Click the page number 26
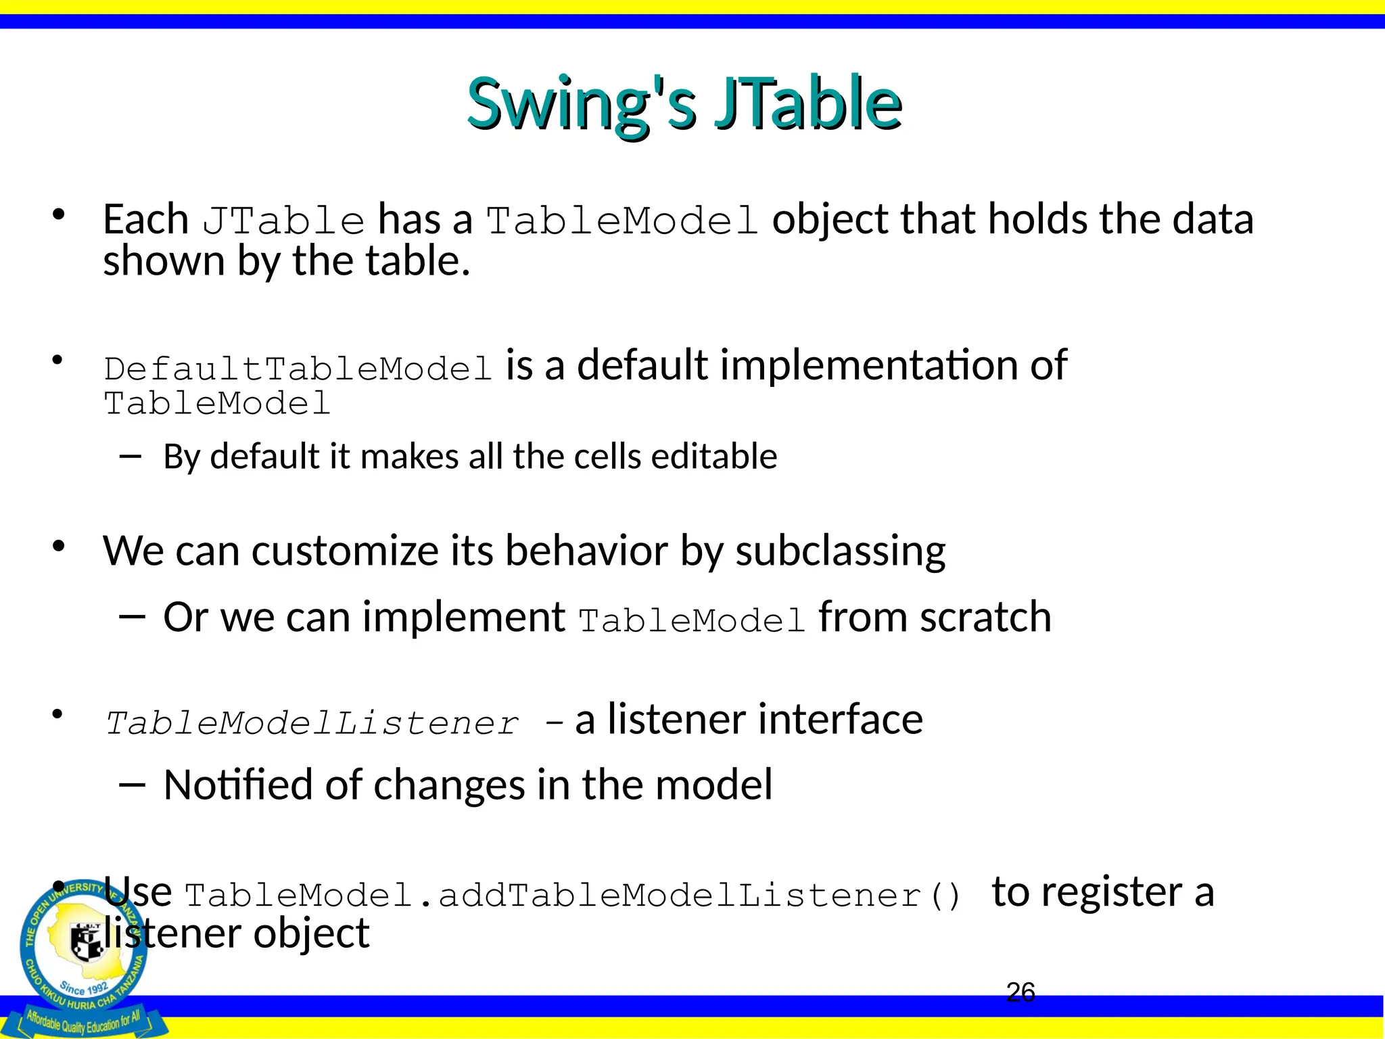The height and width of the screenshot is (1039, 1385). pyautogui.click(x=1020, y=992)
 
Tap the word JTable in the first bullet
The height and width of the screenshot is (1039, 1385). pyautogui.click(x=283, y=221)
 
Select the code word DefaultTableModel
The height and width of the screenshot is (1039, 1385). pyautogui.click(x=298, y=369)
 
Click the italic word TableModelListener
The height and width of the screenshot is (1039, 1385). pyautogui.click(x=312, y=723)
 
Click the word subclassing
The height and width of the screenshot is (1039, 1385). pyautogui.click(x=840, y=551)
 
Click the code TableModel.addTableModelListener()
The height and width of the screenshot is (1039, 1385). pyautogui.click(x=572, y=896)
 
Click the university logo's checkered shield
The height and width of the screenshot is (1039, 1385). pyautogui.click(x=87, y=940)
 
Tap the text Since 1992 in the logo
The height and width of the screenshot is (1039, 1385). pyautogui.click(x=84, y=987)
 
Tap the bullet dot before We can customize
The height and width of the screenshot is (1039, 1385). pyautogui.click(x=59, y=545)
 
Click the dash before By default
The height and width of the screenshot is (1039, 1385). pyautogui.click(x=130, y=457)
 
